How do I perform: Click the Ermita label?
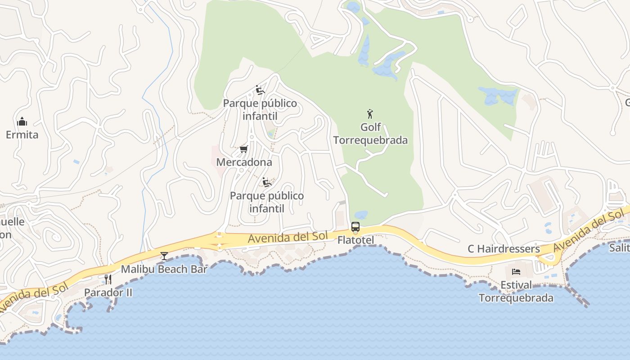[22, 135]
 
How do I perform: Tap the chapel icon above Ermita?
[22, 121]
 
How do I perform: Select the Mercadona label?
[244, 162]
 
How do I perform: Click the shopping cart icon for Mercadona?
[243, 149]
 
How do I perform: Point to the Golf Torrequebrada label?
[370, 134]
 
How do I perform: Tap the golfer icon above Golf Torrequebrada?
[370, 113]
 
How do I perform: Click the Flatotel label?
[355, 240]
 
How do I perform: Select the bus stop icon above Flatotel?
[355, 227]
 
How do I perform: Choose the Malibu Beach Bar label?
[164, 269]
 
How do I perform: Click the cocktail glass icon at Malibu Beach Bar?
[164, 256]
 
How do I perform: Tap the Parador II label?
[108, 292]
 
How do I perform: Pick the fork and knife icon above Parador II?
[108, 279]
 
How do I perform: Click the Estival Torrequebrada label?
[516, 291]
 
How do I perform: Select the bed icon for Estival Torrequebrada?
[516, 272]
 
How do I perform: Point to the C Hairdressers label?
[504, 249]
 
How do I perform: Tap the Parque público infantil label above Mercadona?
[260, 110]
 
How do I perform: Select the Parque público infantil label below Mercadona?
[267, 202]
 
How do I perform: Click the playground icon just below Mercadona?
[267, 182]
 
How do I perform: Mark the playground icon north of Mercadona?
[260, 90]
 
